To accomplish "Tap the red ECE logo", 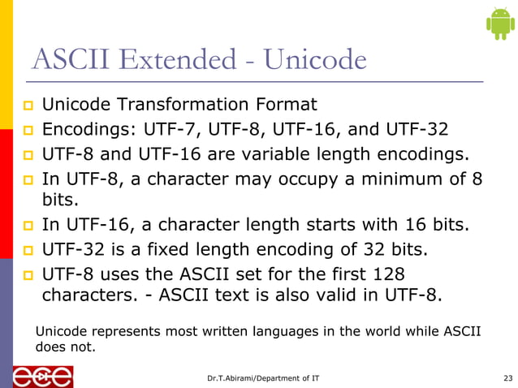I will [42, 376].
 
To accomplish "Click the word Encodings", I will [89, 129].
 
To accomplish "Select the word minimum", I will [378, 178].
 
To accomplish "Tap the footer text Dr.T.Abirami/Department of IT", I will [268, 377].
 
